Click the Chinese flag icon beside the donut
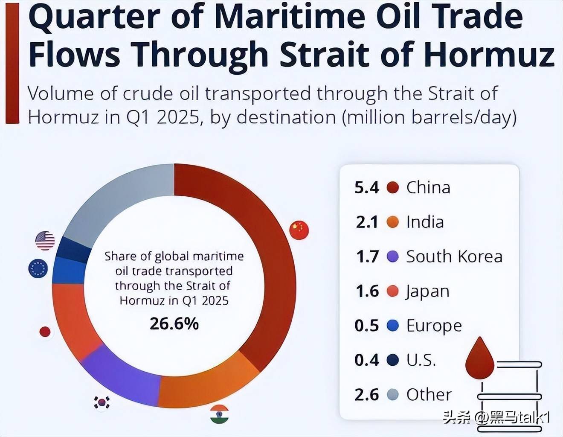(299, 230)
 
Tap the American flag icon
(45, 241)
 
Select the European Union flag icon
(38, 269)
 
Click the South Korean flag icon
(102, 402)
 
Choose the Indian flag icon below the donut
(219, 414)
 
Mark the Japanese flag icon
(45, 332)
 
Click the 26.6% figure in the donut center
(174, 324)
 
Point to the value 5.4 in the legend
(366, 187)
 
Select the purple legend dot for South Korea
(392, 256)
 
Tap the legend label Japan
(428, 291)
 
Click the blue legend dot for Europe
(392, 326)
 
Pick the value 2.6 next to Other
(366, 395)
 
